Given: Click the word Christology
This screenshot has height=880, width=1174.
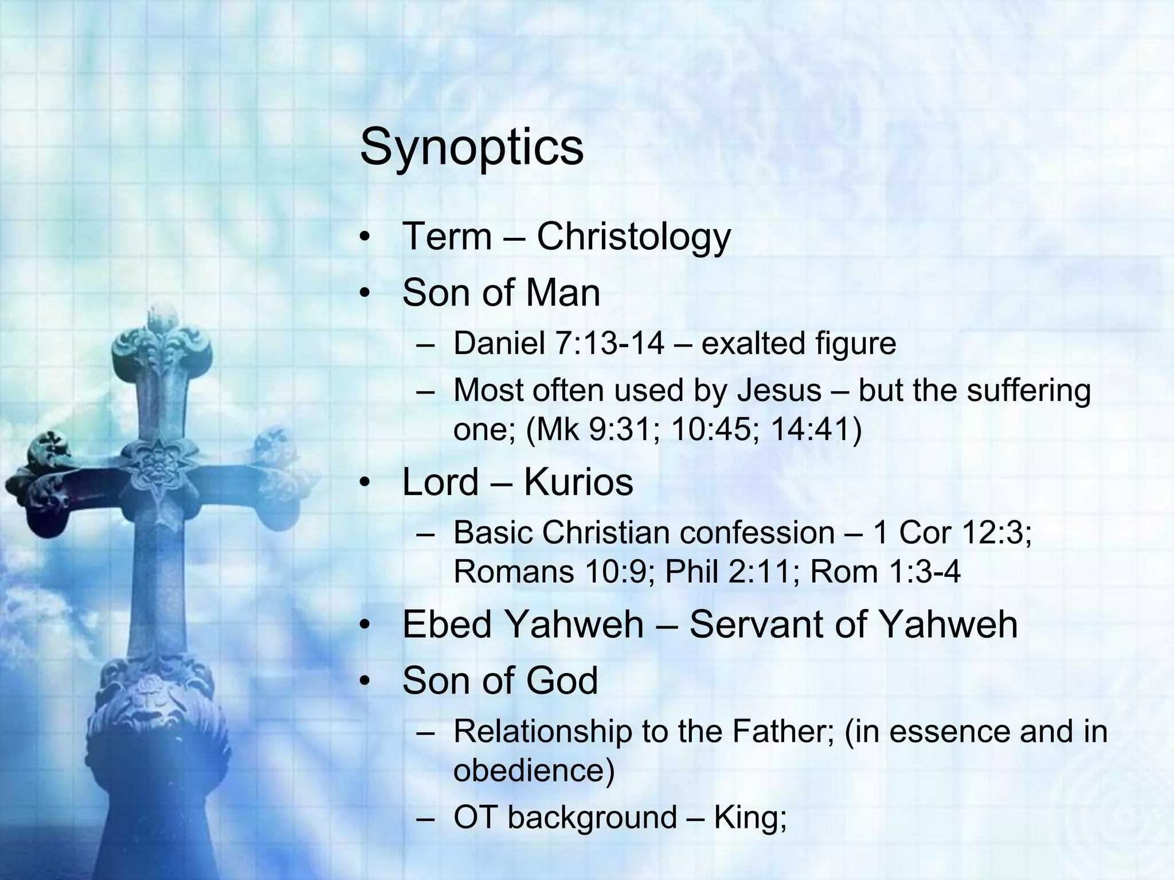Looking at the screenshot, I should (x=633, y=237).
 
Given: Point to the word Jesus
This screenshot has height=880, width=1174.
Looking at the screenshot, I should (x=779, y=391).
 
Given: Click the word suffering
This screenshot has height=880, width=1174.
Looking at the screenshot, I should (x=1028, y=391).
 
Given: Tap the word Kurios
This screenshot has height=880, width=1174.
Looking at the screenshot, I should (x=578, y=482).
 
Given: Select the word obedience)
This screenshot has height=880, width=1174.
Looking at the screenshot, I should (x=534, y=770).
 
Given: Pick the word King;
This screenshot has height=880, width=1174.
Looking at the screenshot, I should (x=750, y=817).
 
